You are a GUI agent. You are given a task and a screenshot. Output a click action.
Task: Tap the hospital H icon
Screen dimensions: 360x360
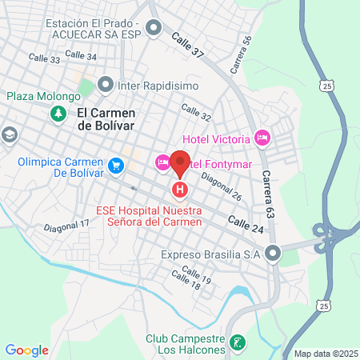pos(180,190)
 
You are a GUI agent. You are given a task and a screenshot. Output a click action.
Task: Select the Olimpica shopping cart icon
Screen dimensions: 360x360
pos(117,166)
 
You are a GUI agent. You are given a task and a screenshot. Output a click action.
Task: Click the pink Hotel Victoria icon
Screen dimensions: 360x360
pos(261,138)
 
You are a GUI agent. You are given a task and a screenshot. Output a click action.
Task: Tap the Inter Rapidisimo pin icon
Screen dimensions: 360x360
pos(106,84)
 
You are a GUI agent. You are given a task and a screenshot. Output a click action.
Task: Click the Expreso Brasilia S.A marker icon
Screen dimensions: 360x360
pos(274,254)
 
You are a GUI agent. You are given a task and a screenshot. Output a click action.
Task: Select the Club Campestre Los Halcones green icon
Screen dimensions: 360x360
pos(237,343)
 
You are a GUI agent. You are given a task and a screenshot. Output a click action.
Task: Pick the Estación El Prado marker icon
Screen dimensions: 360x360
pos(154,29)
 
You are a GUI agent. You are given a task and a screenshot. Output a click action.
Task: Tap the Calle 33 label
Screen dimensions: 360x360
pos(44,58)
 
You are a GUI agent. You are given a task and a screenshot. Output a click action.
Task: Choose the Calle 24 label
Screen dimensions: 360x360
pos(245,223)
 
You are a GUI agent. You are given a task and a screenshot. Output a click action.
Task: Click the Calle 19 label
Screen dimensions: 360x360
pos(201,280)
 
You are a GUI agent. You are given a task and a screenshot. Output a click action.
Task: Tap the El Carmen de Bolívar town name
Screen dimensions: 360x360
pos(106,119)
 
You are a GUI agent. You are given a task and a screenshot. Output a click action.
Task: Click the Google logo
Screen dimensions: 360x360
pos(26,350)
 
